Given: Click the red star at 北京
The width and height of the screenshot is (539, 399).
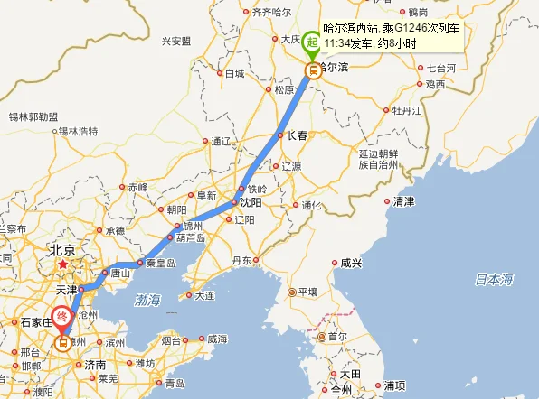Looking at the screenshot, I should point(62,265).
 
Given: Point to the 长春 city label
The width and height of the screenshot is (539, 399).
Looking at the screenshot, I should point(298,135).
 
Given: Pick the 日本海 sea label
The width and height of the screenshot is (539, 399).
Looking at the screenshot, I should point(494,278).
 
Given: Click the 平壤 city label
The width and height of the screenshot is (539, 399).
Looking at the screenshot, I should point(307,292).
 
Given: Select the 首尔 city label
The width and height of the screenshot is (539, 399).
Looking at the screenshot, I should point(337,336).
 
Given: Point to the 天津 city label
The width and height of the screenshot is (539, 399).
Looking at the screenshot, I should point(67,290).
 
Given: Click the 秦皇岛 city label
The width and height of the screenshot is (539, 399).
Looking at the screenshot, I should point(159,264).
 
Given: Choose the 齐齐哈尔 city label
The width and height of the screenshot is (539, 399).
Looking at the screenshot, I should point(271,12).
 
